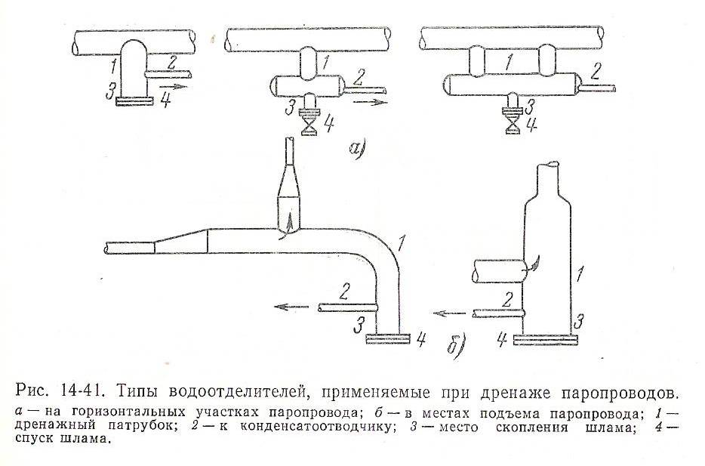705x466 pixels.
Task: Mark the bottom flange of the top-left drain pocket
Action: (135, 98)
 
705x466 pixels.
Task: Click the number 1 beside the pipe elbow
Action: (402, 243)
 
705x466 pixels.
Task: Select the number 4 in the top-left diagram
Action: (165, 101)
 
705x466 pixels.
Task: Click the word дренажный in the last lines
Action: (54, 427)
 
